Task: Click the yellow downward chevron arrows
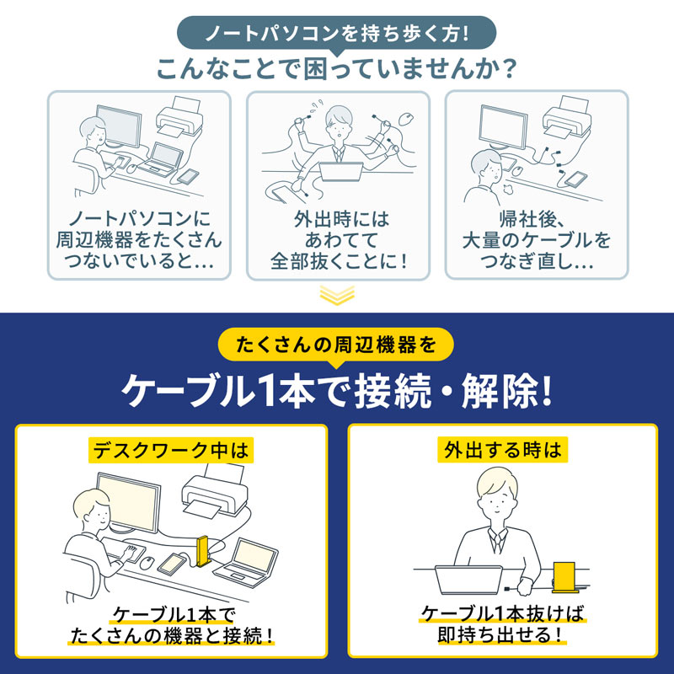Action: point(337,294)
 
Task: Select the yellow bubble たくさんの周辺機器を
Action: point(336,345)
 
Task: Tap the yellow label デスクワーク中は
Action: point(170,451)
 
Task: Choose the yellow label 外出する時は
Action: point(502,451)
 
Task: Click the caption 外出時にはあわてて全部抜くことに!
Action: point(338,241)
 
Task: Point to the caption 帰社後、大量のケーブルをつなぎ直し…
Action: point(536,241)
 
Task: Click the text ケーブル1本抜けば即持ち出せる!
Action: point(502,623)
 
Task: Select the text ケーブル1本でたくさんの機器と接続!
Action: point(171,623)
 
